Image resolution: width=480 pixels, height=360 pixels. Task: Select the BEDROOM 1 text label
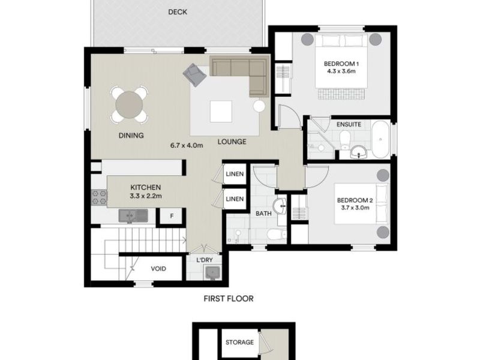pyautogui.click(x=341, y=64)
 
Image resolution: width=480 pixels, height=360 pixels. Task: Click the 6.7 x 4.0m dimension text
pyautogui.click(x=187, y=145)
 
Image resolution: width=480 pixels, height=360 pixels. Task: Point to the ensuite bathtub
pyautogui.click(x=380, y=140)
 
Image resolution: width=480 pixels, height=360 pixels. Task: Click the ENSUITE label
pyautogui.click(x=349, y=124)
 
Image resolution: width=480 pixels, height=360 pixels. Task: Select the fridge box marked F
pyautogui.click(x=172, y=216)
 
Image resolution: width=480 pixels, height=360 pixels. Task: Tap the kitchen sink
pyautogui.click(x=130, y=215)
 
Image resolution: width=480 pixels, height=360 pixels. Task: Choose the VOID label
pyautogui.click(x=158, y=269)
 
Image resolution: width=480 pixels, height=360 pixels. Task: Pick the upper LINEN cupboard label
pyautogui.click(x=235, y=174)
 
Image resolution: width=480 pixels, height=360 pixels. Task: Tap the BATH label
pyautogui.click(x=263, y=213)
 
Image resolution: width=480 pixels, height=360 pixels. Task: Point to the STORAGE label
pyautogui.click(x=239, y=343)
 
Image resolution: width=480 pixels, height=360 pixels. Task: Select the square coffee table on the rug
pyautogui.click(x=220, y=111)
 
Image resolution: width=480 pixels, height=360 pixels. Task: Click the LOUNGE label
pyautogui.click(x=232, y=142)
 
